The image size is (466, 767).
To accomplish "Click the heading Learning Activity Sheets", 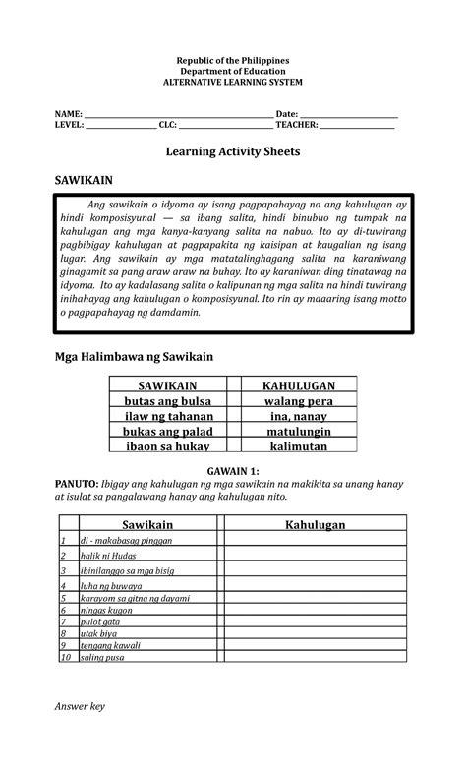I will (232, 153).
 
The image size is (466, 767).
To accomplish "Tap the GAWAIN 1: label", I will (232, 472).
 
